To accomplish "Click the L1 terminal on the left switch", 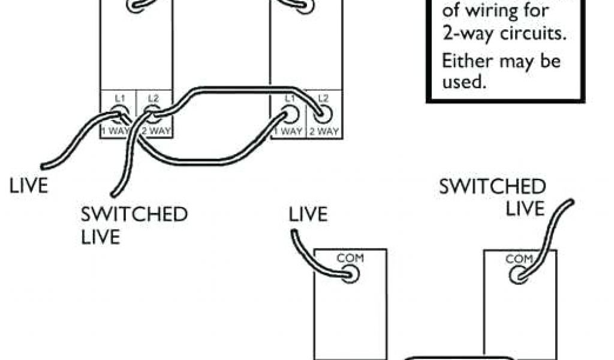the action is pyautogui.click(x=118, y=112).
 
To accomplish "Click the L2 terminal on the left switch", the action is pyautogui.click(x=152, y=112).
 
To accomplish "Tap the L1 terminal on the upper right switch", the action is pyautogui.click(x=291, y=113).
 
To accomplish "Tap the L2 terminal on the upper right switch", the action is pyautogui.click(x=324, y=113).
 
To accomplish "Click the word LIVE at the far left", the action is pyautogui.click(x=28, y=185).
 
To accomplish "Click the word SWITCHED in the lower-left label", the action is pyautogui.click(x=134, y=214).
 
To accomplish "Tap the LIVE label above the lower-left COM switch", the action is pyautogui.click(x=309, y=215).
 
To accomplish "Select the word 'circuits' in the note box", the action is pyautogui.click(x=535, y=34).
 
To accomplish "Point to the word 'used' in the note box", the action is pyautogui.click(x=463, y=83).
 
